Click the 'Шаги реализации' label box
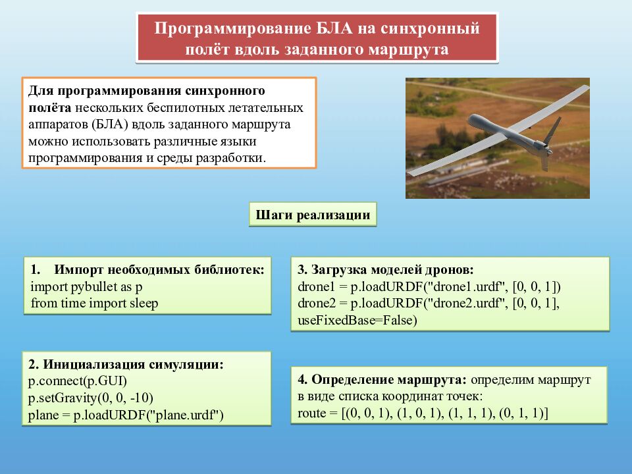pyautogui.click(x=313, y=215)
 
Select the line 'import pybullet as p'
pyautogui.click(x=86, y=287)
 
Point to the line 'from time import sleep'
pyautogui.click(x=94, y=303)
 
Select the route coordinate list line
pyautogui.click(x=423, y=413)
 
